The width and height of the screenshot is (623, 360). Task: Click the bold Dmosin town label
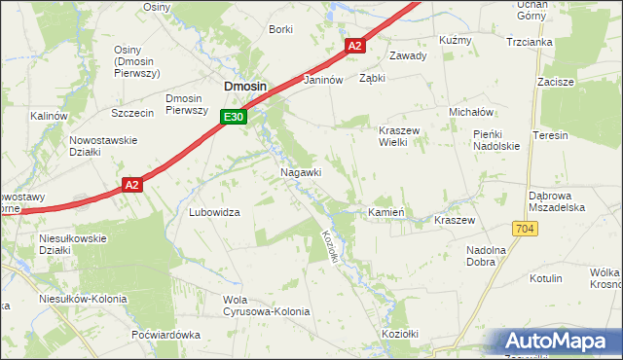[245, 86]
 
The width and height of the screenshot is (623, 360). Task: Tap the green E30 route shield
[232, 117]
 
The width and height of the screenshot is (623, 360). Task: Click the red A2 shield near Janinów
[354, 46]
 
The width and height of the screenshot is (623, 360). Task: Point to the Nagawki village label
[301, 171]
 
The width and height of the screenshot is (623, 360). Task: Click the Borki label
[280, 29]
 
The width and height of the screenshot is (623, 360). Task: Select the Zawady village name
[408, 55]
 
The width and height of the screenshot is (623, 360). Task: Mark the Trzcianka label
[530, 43]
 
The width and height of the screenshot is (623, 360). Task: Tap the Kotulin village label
[545, 278]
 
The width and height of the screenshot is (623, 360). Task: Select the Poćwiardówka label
[165, 334]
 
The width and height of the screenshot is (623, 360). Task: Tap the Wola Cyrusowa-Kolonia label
[266, 306]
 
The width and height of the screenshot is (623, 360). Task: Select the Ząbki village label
[373, 79]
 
